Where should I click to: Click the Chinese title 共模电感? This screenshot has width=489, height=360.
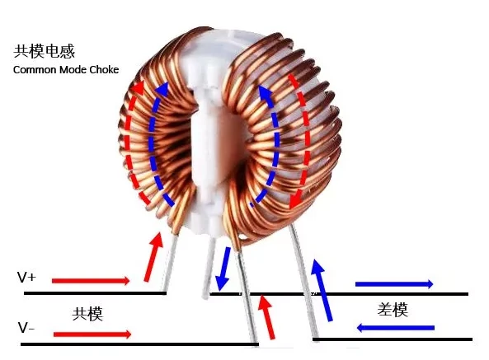pos(44,51)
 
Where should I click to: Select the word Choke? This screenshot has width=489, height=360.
pos(104,69)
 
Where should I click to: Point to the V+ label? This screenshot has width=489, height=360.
pos(26,277)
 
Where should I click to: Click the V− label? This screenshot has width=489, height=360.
pos(26,328)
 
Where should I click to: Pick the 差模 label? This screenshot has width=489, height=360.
pos(393,310)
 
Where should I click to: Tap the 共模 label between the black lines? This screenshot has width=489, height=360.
pos(87,314)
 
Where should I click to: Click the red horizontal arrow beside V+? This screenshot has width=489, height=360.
pos(91,281)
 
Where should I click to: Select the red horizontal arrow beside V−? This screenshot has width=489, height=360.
pos(92,334)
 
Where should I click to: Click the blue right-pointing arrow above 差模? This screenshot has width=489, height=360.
pos(394,283)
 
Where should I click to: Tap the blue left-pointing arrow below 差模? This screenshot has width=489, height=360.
pos(396,328)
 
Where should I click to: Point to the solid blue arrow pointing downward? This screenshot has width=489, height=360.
pos(223,269)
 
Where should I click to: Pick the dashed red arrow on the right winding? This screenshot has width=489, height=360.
pos(306,140)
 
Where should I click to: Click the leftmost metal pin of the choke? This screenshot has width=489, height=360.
pos(171,263)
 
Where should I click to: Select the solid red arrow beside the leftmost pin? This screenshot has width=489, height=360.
pos(153,258)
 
